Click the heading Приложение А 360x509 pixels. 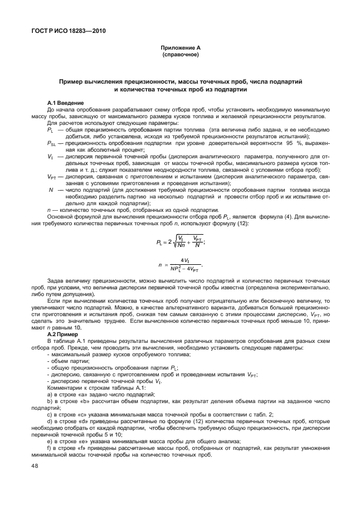[179, 49]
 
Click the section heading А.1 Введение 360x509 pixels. [66, 104]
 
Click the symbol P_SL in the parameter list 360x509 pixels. [52, 144]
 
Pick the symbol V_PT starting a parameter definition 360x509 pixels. [52, 177]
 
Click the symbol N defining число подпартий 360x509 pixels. [51, 190]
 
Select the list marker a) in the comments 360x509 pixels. [50, 394]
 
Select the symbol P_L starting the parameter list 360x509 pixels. [51, 130]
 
